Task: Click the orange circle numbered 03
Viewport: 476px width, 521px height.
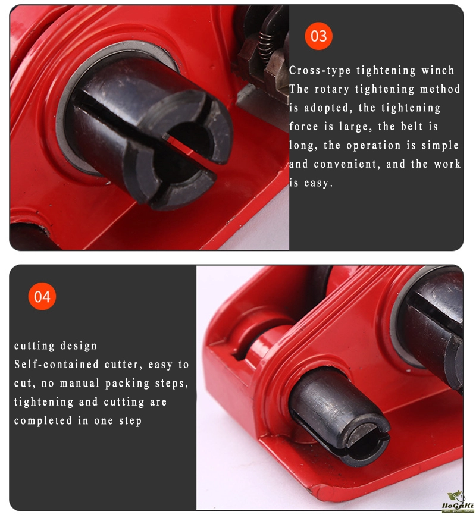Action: click(318, 36)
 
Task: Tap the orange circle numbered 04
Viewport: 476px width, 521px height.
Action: click(42, 296)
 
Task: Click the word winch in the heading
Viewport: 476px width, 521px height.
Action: click(437, 70)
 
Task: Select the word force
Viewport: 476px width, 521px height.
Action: click(303, 127)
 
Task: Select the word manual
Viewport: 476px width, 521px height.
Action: click(80, 384)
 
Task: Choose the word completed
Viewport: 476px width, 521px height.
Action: click(43, 421)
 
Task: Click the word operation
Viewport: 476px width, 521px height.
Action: click(374, 146)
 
